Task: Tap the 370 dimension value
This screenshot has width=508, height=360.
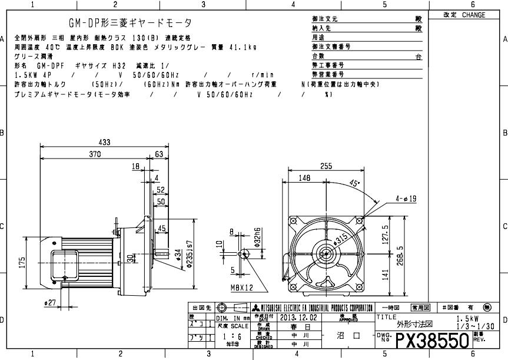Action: tap(94, 154)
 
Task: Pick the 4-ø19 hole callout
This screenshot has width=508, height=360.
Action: tap(406, 199)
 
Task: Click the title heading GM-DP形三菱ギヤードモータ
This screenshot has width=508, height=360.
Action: tap(131, 23)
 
